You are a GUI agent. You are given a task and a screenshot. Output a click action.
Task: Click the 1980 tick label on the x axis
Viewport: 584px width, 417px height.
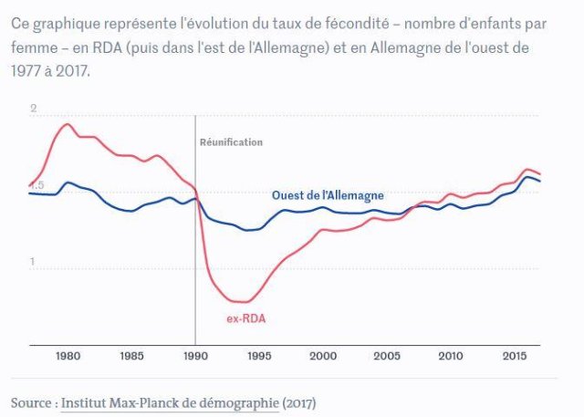pyautogui.click(x=67, y=355)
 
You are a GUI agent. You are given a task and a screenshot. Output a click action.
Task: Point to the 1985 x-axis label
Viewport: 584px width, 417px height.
pyautogui.click(x=130, y=355)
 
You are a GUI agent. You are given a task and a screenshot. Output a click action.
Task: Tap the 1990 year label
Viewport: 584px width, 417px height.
pyautogui.click(x=194, y=355)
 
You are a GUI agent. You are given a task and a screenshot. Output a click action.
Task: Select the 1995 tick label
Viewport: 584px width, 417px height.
pyautogui.click(x=258, y=355)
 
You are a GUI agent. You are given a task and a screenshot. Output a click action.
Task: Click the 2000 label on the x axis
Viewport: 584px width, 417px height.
pyautogui.click(x=322, y=355)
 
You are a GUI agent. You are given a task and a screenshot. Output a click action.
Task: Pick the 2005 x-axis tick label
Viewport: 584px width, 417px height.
pyautogui.click(x=386, y=355)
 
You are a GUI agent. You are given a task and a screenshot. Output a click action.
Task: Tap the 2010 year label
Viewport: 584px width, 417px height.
pyautogui.click(x=450, y=355)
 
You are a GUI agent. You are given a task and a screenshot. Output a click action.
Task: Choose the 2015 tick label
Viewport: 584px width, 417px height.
pyautogui.click(x=514, y=355)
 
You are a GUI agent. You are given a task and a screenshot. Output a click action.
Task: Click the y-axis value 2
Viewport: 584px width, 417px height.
pyautogui.click(x=33, y=109)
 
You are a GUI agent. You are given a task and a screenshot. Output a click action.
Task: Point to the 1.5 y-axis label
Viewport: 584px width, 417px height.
pyautogui.click(x=36, y=186)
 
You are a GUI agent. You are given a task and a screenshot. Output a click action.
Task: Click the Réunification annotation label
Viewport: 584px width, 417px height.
pyautogui.click(x=231, y=142)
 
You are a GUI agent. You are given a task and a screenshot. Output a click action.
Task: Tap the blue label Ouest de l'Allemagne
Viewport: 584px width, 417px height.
pyautogui.click(x=328, y=195)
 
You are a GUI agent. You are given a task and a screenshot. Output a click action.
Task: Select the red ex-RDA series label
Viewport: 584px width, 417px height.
pyautogui.click(x=245, y=318)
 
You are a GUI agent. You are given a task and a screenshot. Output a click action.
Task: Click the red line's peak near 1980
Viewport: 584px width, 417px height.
pyautogui.click(x=67, y=124)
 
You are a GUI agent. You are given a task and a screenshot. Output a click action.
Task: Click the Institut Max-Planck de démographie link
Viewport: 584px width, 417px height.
pyautogui.click(x=169, y=401)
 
